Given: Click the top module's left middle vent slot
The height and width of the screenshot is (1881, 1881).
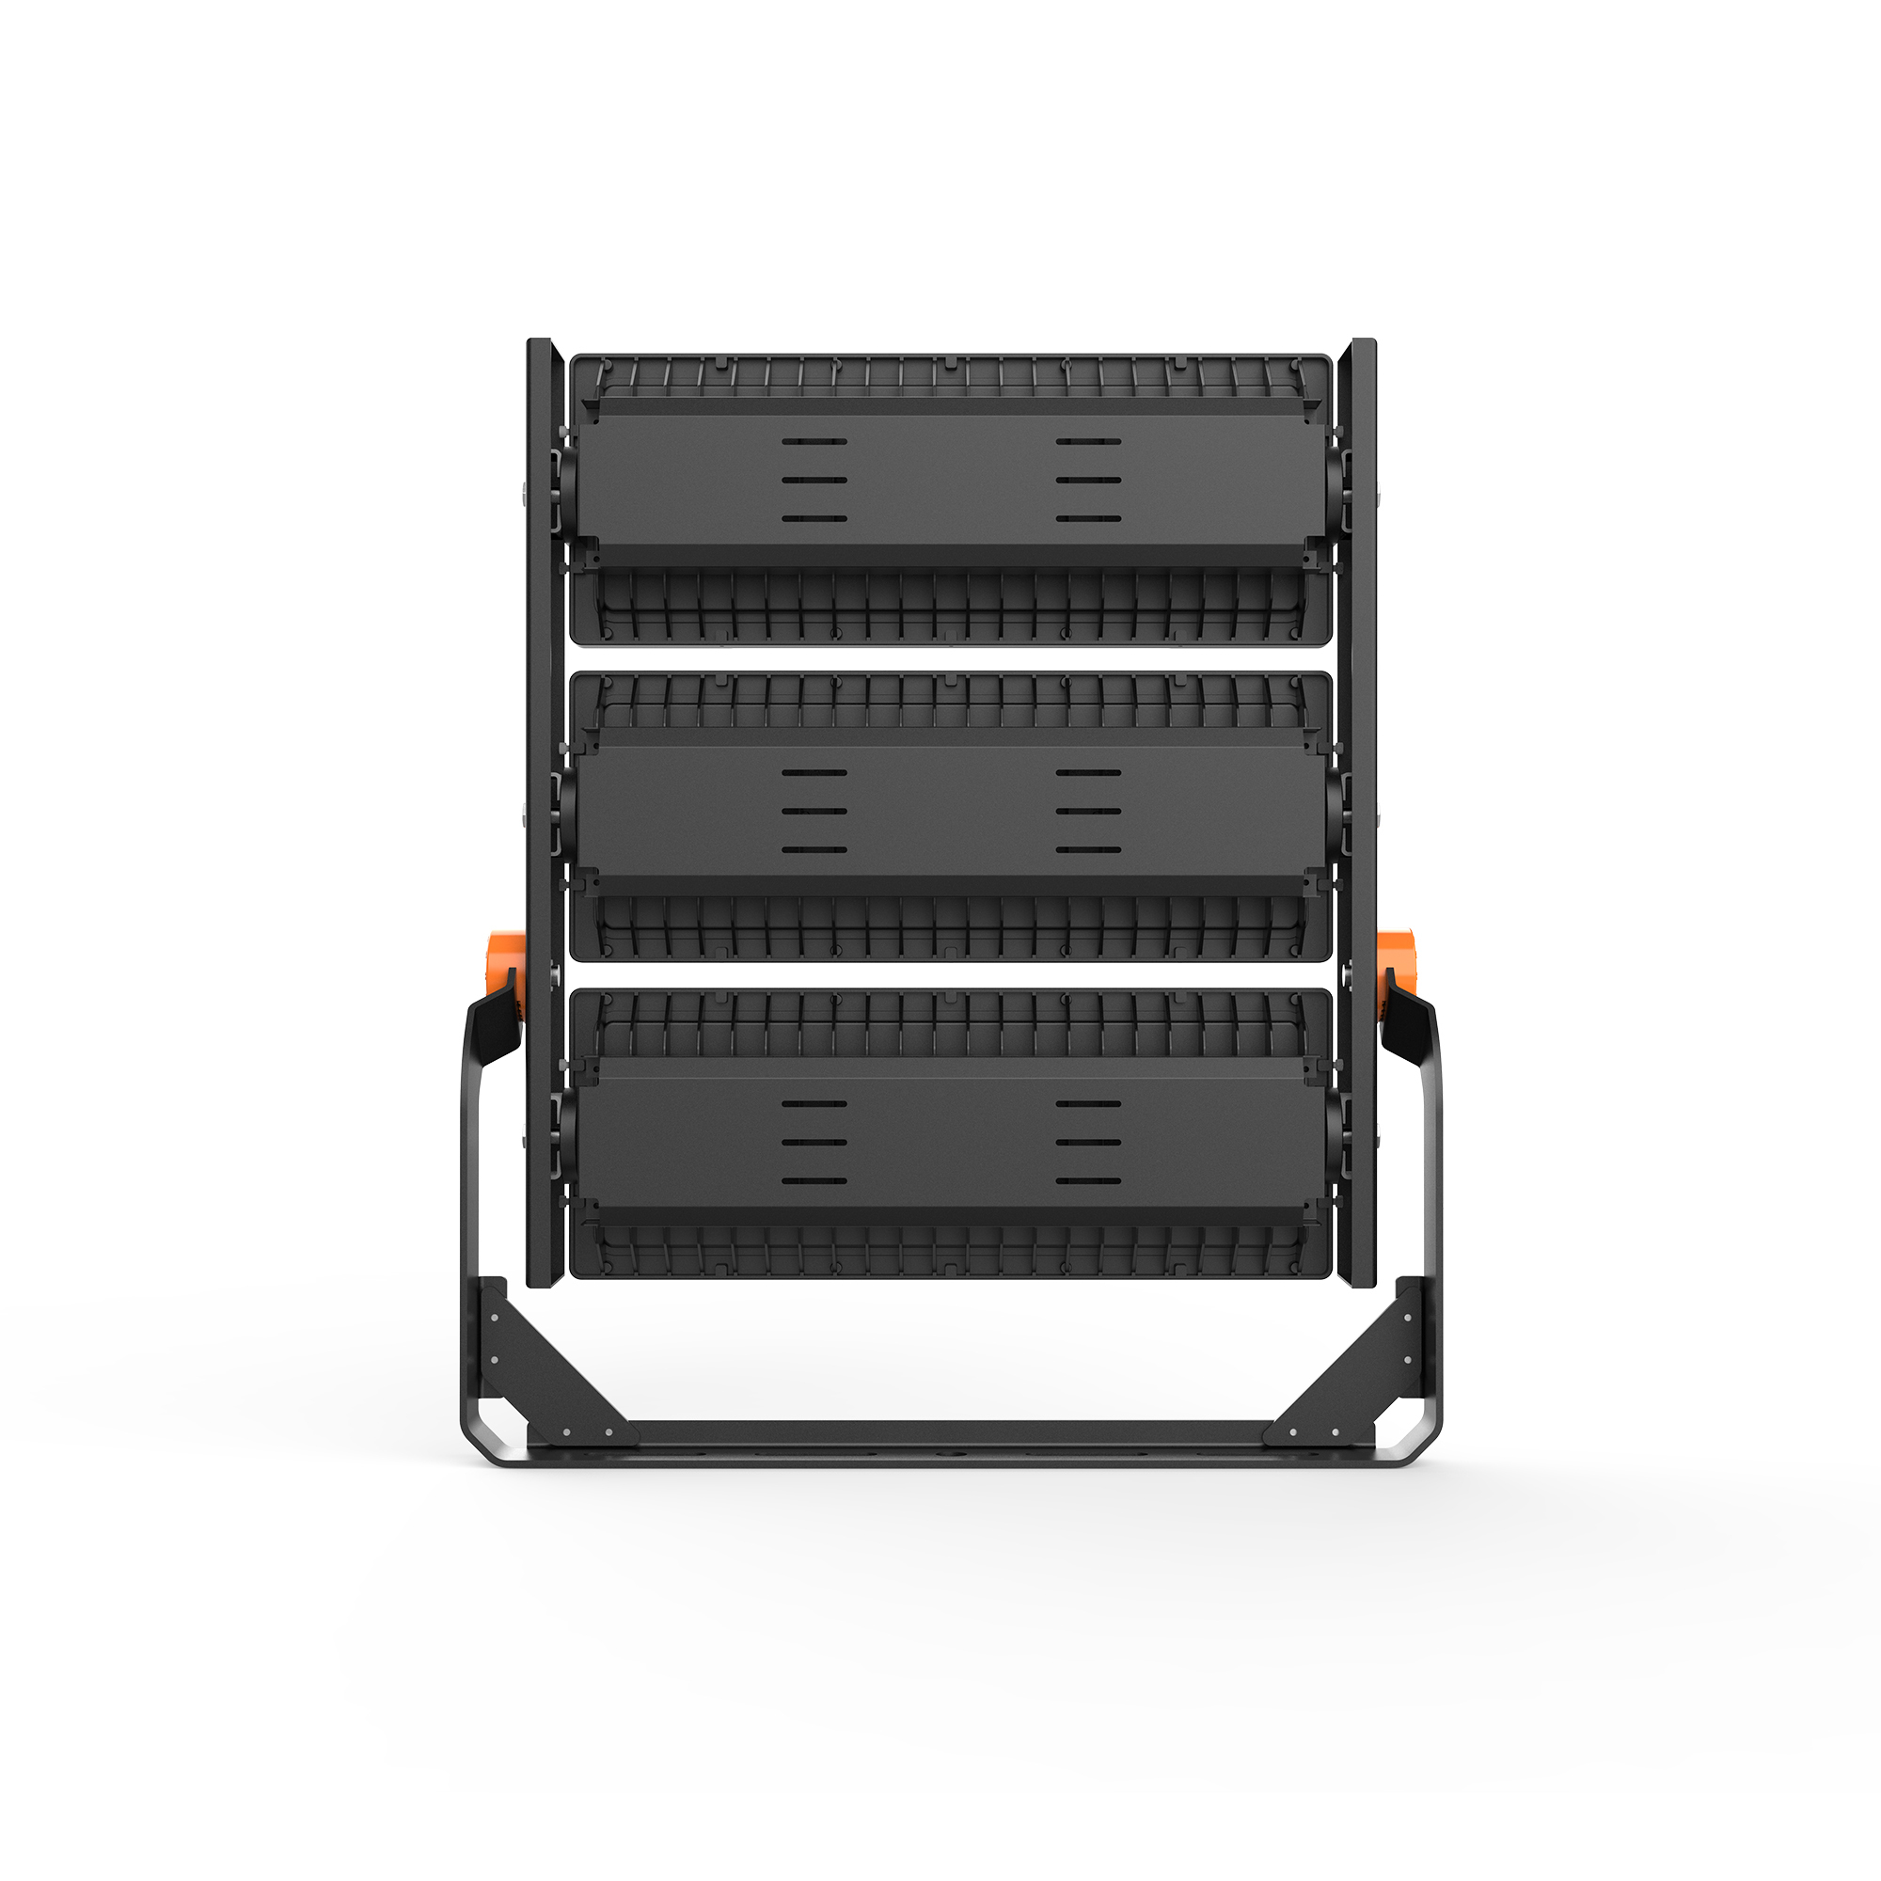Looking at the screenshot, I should pyautogui.click(x=814, y=480).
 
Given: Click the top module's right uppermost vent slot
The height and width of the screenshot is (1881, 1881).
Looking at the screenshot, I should pyautogui.click(x=1088, y=441).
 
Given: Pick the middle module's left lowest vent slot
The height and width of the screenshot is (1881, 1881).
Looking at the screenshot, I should pyautogui.click(x=814, y=850).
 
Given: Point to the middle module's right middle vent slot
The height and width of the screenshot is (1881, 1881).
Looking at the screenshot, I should pyautogui.click(x=1088, y=811).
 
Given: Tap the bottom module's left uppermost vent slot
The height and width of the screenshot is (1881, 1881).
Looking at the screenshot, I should pyautogui.click(x=814, y=1104).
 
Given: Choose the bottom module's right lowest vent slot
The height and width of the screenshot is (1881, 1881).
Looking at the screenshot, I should pyautogui.click(x=1088, y=1182).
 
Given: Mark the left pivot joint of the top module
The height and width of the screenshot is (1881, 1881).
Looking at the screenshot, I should pyautogui.click(x=564, y=482).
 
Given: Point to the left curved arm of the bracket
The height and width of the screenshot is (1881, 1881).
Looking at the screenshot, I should pyautogui.click(x=473, y=1168).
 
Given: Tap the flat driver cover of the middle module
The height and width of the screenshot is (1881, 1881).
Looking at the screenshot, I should pyautogui.click(x=949, y=811).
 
